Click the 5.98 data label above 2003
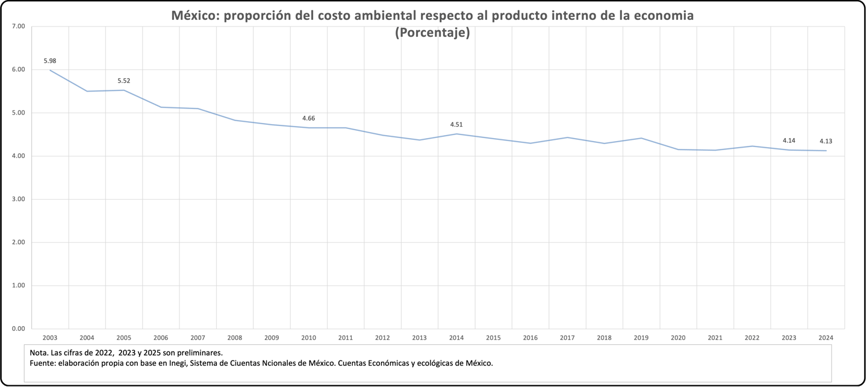point(49,61)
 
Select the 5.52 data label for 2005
point(123,81)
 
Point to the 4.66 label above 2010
point(308,118)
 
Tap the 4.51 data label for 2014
point(456,125)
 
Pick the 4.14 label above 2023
point(789,140)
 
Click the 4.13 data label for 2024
point(825,142)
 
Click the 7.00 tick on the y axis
point(18,27)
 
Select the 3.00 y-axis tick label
point(18,200)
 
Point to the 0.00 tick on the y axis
point(18,329)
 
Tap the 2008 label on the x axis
point(235,338)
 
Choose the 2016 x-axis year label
point(530,338)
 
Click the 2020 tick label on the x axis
point(678,338)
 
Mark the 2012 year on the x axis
point(382,338)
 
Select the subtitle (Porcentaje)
point(432,33)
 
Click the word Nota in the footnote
point(38,352)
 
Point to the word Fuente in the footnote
point(42,363)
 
